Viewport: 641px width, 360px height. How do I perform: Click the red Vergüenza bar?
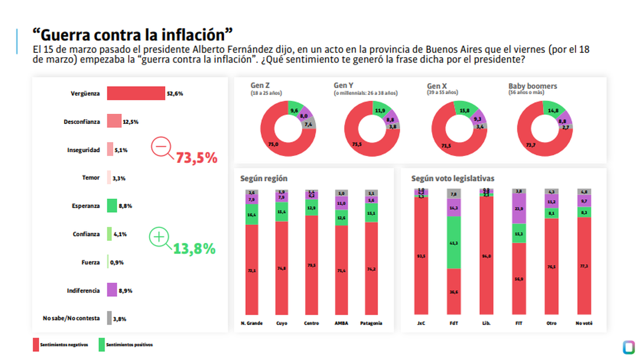click(136, 93)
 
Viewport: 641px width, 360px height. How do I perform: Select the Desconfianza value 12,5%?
click(131, 122)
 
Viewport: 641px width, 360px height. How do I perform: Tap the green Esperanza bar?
click(112, 206)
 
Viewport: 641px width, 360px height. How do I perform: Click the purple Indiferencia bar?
click(112, 290)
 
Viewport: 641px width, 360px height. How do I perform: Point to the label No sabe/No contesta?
click(71, 318)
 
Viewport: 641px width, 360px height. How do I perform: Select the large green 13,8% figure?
click(194, 248)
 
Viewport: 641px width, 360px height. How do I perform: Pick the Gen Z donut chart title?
click(260, 85)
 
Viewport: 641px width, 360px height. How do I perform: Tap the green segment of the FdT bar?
click(454, 242)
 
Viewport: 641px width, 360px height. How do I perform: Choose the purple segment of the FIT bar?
click(519, 208)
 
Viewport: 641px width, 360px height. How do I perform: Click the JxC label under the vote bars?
click(421, 323)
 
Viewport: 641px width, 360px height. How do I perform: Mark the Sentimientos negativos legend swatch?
click(36, 345)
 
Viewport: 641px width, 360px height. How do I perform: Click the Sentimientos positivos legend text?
click(129, 345)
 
